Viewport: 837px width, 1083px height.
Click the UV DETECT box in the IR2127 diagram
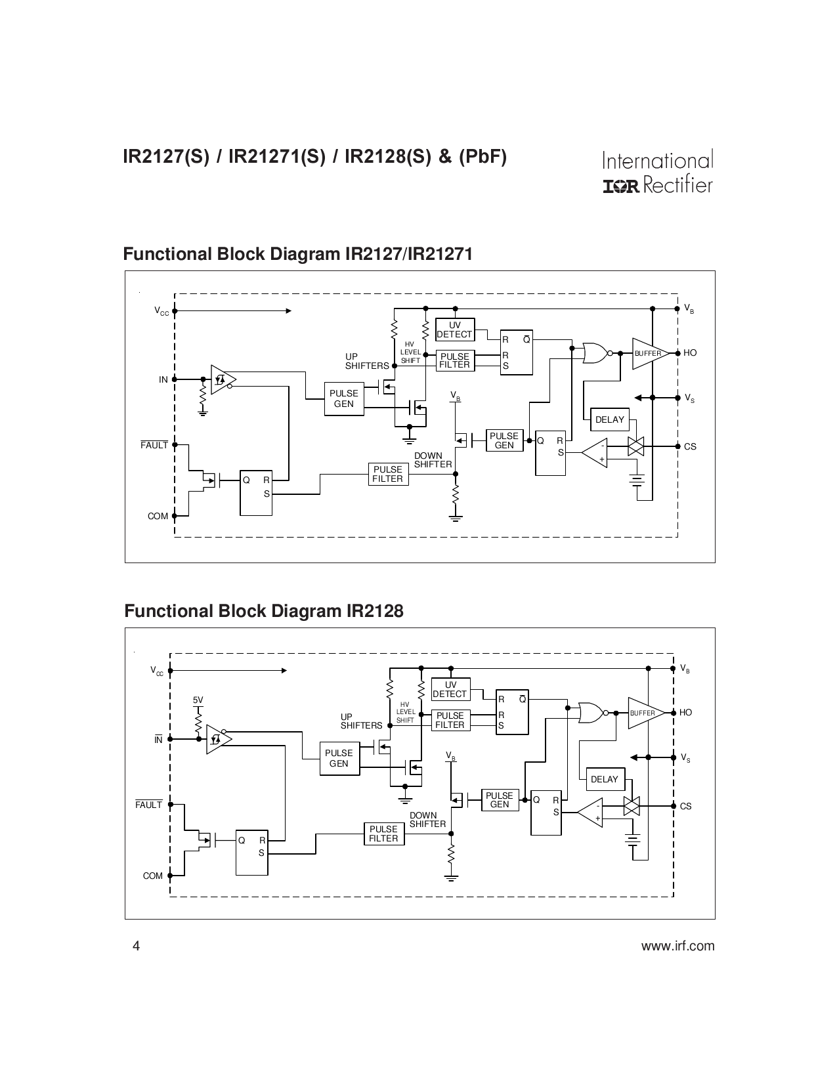pos(454,329)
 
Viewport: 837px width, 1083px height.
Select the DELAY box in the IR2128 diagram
pos(604,779)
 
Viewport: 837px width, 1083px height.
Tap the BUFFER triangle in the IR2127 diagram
pos(649,353)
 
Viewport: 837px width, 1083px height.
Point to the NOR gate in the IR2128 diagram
pos(591,712)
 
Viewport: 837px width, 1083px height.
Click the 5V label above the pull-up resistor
pos(198,700)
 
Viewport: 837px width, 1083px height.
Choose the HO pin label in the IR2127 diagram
pos(690,353)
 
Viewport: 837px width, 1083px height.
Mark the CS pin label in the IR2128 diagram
pos(685,806)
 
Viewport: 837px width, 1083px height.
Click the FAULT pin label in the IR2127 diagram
pos(154,445)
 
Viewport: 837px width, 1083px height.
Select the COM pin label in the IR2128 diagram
pos(152,876)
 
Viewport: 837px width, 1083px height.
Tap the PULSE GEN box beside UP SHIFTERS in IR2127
pos(343,398)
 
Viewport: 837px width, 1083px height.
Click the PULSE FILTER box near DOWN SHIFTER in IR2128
pos(383,834)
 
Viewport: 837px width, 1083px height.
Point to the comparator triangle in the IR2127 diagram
pos(595,453)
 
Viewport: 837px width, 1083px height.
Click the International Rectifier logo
pos(657,173)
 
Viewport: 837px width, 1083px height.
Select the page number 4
pos(136,946)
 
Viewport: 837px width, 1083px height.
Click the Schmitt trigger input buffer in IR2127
pos(222,379)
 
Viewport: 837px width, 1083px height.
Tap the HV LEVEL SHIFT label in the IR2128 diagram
pos(405,712)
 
